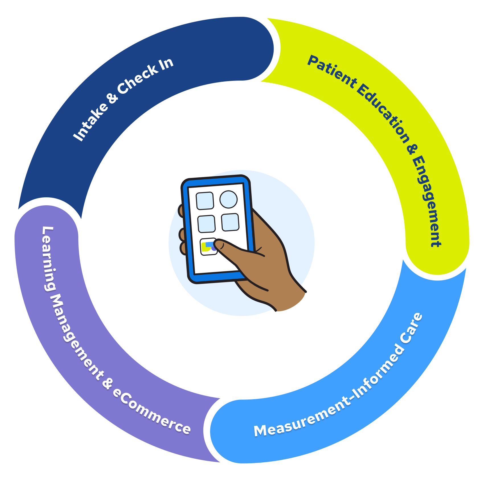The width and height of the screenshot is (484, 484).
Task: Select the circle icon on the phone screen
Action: point(228,199)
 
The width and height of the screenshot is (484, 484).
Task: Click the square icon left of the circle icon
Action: point(205,201)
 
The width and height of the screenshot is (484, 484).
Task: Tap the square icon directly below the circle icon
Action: point(230,222)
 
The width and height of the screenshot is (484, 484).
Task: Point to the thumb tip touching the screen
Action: point(218,244)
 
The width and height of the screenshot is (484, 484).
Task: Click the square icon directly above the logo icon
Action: point(206,224)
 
